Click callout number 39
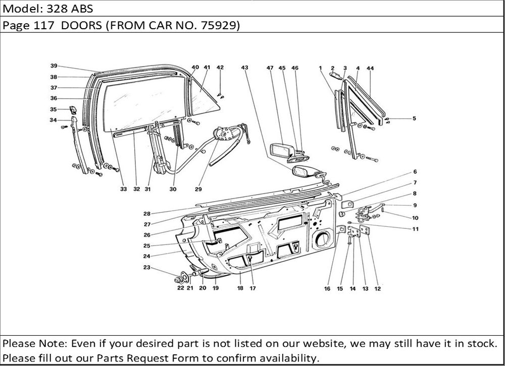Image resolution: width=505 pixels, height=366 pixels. (54, 66)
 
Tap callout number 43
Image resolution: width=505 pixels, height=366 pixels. (244, 67)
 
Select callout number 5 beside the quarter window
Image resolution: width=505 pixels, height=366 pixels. (414, 119)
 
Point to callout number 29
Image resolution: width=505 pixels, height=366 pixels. (198, 190)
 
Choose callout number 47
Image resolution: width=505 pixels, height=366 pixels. (270, 67)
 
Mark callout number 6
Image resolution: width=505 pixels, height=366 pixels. (415, 172)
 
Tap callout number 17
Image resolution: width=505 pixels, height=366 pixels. (252, 289)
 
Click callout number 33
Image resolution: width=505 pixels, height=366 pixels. (123, 190)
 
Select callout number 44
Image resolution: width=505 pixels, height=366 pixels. (370, 67)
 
